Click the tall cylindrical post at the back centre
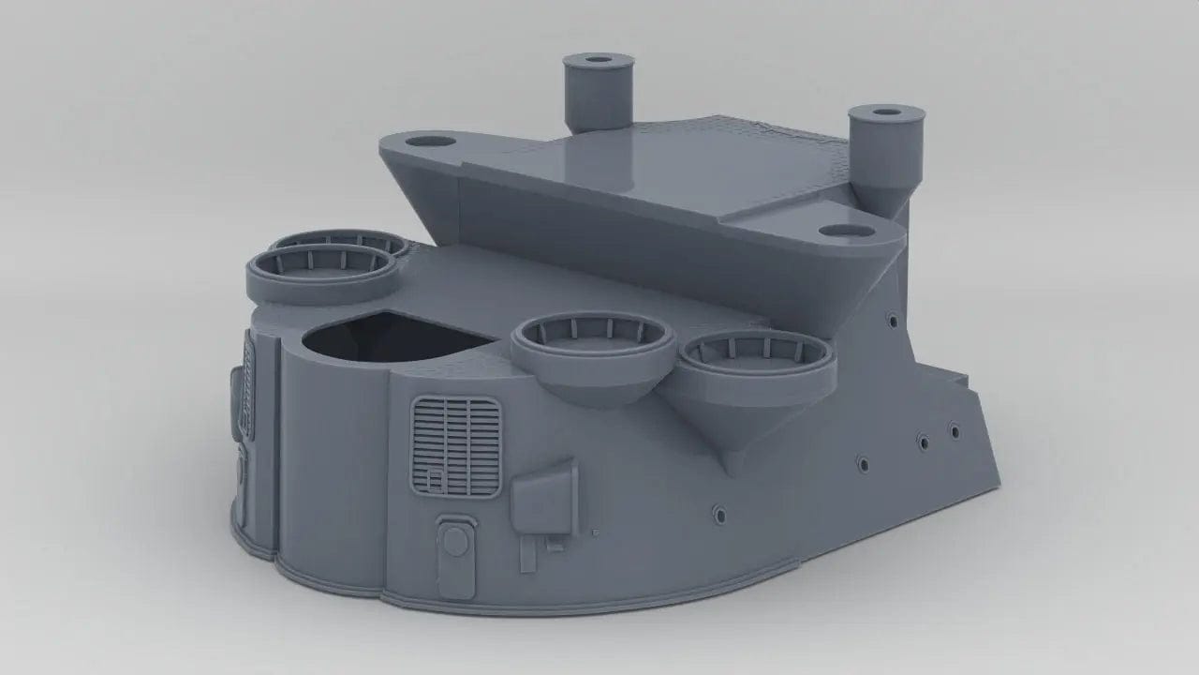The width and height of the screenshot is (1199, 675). tap(598, 94)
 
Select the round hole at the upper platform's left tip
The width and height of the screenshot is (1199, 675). tap(431, 142)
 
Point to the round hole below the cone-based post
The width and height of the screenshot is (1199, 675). tap(839, 230)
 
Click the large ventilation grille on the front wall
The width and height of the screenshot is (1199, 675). tap(455, 446)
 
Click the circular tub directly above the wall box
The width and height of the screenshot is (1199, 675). tap(593, 342)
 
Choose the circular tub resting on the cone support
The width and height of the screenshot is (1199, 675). tap(756, 361)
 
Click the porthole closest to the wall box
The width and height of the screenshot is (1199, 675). tap(718, 513)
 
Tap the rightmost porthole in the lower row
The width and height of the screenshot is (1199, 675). tap(954, 430)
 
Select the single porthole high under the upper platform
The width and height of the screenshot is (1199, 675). tap(892, 322)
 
